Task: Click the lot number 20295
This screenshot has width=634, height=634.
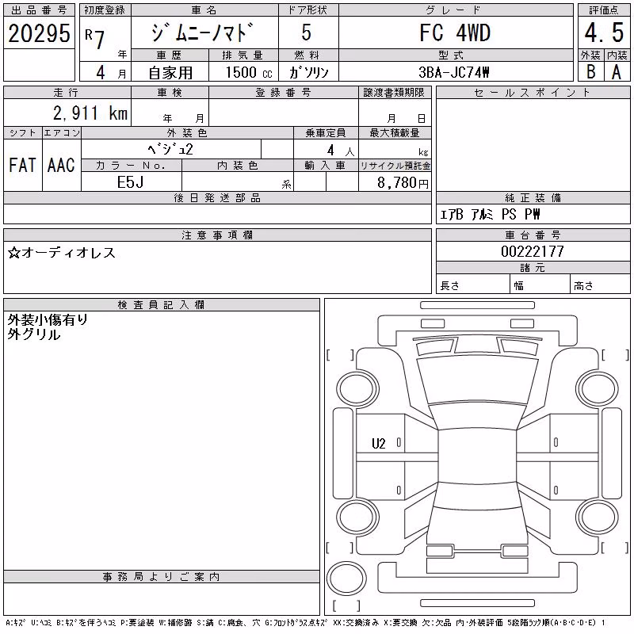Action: (x=39, y=33)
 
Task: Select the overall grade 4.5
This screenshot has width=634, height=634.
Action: (x=604, y=32)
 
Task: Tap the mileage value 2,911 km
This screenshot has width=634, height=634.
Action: (x=90, y=113)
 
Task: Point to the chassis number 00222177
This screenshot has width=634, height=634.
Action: (x=533, y=251)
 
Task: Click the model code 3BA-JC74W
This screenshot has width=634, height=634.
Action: (x=453, y=72)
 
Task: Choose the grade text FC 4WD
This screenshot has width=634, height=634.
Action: (x=455, y=32)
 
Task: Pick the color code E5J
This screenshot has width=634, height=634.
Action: (x=130, y=182)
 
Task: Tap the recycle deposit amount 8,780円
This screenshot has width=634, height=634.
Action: (x=403, y=183)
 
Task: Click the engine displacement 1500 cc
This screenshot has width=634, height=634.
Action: (x=249, y=72)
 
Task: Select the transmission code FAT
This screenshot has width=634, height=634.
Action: (x=22, y=165)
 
